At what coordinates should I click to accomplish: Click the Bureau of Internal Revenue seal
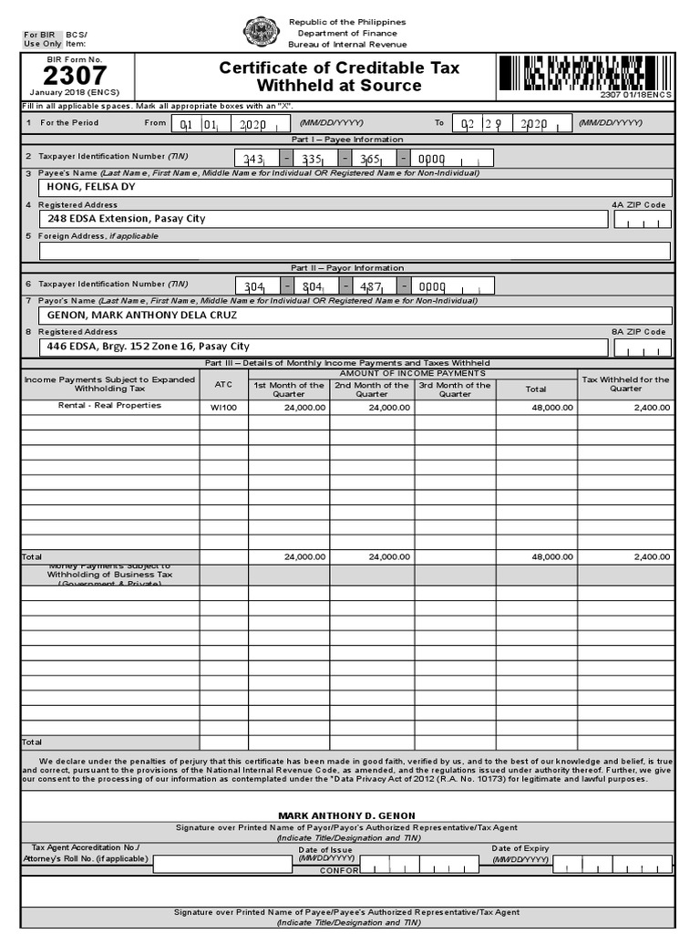pyautogui.click(x=261, y=33)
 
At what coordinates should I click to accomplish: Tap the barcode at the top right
pyautogui.click(x=584, y=72)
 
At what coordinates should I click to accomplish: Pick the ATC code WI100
pyautogui.click(x=223, y=408)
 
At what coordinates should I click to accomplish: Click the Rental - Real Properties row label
pyautogui.click(x=109, y=406)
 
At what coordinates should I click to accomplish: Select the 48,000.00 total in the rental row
pyautogui.click(x=553, y=408)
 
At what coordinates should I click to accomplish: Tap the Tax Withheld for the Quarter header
pyautogui.click(x=625, y=384)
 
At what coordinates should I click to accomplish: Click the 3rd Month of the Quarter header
pyautogui.click(x=455, y=389)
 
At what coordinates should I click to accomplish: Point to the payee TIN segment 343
pyautogui.click(x=253, y=159)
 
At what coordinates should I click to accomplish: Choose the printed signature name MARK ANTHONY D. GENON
pyautogui.click(x=345, y=815)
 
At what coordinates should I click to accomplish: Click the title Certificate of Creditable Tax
pyautogui.click(x=339, y=68)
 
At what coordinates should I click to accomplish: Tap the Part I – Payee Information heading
pyautogui.click(x=346, y=140)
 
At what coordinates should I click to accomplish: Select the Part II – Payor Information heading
pyautogui.click(x=346, y=268)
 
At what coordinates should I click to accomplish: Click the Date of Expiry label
pyautogui.click(x=520, y=848)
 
